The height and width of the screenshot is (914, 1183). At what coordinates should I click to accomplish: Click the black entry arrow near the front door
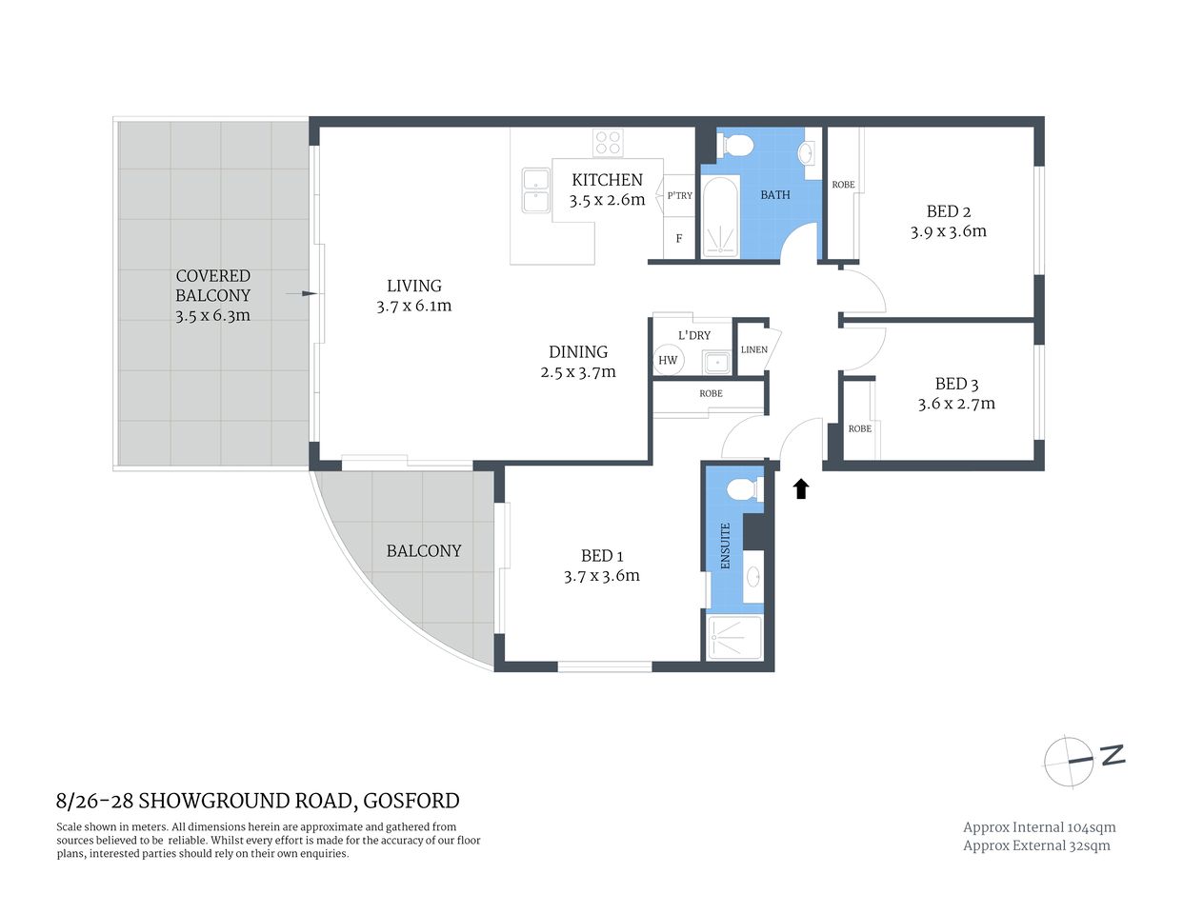pyautogui.click(x=801, y=488)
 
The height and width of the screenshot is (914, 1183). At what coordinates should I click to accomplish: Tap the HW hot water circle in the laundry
pyautogui.click(x=668, y=360)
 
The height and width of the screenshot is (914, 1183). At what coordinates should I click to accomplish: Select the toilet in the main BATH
pyautogui.click(x=736, y=146)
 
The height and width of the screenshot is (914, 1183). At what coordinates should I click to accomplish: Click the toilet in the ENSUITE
pyautogui.click(x=742, y=489)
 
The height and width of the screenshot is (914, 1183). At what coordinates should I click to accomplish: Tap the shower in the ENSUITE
pyautogui.click(x=734, y=637)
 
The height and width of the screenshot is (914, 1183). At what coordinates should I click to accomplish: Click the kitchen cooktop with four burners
pyautogui.click(x=608, y=143)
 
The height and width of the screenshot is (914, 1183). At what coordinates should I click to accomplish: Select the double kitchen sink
pyautogui.click(x=534, y=190)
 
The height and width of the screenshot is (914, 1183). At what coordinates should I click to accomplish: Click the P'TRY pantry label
pyautogui.click(x=679, y=195)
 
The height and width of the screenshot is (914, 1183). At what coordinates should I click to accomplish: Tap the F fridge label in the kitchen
pyautogui.click(x=678, y=239)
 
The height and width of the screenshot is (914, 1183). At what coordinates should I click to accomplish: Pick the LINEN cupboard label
pyautogui.click(x=753, y=349)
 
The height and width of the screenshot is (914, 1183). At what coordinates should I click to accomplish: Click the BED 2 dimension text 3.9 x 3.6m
pyautogui.click(x=948, y=231)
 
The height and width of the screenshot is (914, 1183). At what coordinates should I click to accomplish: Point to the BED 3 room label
pyautogui.click(x=956, y=384)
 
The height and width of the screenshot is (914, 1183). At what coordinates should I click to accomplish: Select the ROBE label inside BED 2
pyautogui.click(x=843, y=185)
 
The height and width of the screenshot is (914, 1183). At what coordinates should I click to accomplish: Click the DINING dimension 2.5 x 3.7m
pyautogui.click(x=578, y=372)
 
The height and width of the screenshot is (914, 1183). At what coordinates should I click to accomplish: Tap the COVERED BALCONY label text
pyautogui.click(x=212, y=286)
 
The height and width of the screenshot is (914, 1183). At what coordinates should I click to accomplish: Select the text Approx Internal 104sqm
pyautogui.click(x=1038, y=827)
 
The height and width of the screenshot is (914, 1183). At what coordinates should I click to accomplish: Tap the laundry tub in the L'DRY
pyautogui.click(x=716, y=363)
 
